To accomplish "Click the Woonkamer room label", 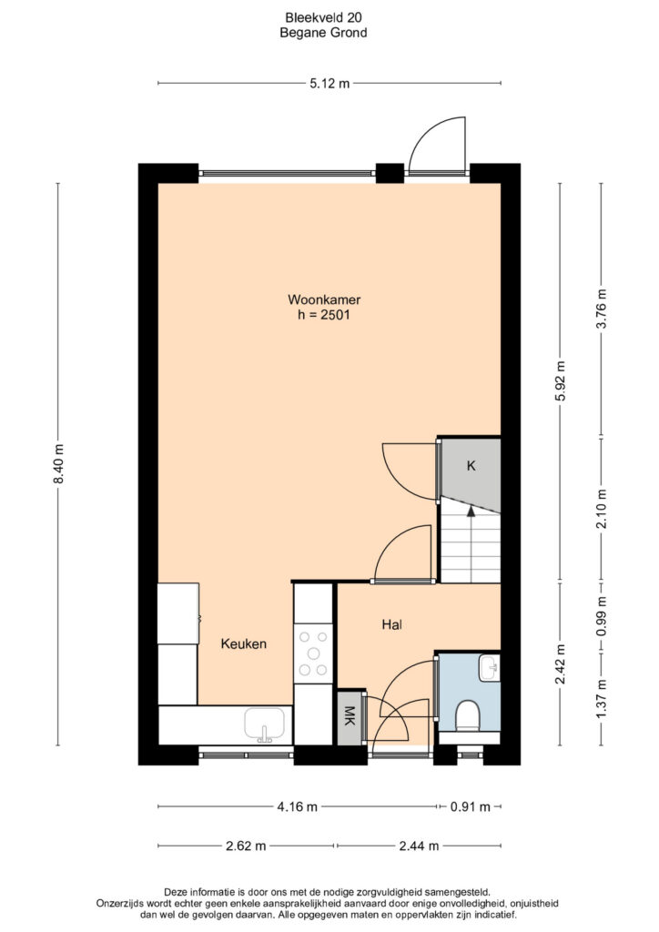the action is point(324,299).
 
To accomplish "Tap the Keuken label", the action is point(244,643).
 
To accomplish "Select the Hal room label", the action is point(392,624).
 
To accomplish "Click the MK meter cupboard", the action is point(350,718).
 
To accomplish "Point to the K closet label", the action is point(471,466).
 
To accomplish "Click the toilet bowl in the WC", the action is point(468,715).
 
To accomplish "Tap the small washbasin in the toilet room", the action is point(489,668).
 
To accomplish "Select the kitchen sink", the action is point(265,725).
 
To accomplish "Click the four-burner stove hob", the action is point(313,653).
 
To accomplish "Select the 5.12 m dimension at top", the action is point(329,84).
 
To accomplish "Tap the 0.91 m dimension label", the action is point(471,806).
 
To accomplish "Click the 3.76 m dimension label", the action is point(602,309).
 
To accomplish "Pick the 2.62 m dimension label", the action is point(246,846).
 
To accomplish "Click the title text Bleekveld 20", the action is point(322,18).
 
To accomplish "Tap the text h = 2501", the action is point(324,315).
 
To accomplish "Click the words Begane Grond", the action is point(323,33).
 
